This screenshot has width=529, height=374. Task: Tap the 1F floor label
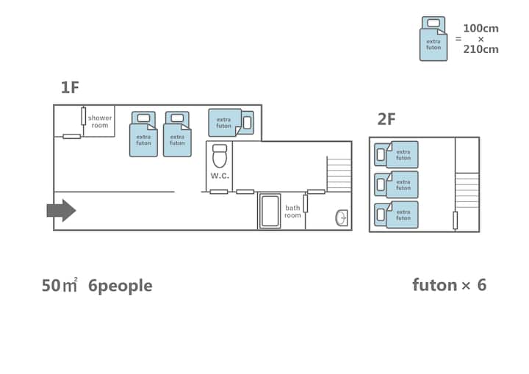click(71, 88)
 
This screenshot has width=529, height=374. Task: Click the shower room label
click(100, 121)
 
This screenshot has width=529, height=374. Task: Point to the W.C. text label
click(220, 176)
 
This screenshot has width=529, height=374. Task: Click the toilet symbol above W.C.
click(220, 157)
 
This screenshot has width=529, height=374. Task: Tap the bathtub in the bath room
click(270, 212)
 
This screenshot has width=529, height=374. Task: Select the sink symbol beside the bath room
click(342, 217)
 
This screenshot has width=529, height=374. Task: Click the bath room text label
click(292, 212)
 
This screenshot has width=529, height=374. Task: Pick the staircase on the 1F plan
click(339, 174)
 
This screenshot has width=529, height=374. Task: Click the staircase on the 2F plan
click(467, 190)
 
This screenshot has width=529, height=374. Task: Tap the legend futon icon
click(433, 39)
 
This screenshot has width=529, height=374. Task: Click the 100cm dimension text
click(481, 29)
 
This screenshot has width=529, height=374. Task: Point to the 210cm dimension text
click(481, 49)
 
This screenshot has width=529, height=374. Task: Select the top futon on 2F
click(397, 155)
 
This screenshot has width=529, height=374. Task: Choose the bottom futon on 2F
click(397, 215)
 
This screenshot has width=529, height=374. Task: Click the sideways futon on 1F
click(231, 123)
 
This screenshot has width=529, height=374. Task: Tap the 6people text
click(120, 286)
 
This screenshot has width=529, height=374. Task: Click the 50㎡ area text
click(60, 286)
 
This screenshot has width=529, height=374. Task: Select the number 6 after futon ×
click(481, 285)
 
